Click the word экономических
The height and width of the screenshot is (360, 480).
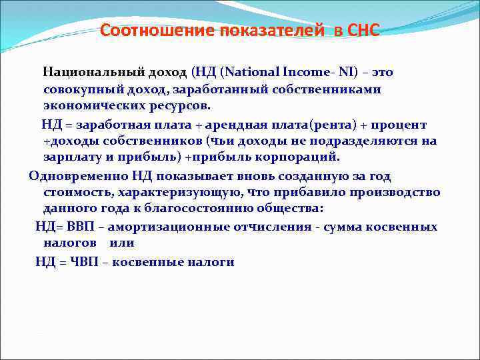tap(88, 106)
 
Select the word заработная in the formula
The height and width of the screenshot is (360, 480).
tap(115, 125)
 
